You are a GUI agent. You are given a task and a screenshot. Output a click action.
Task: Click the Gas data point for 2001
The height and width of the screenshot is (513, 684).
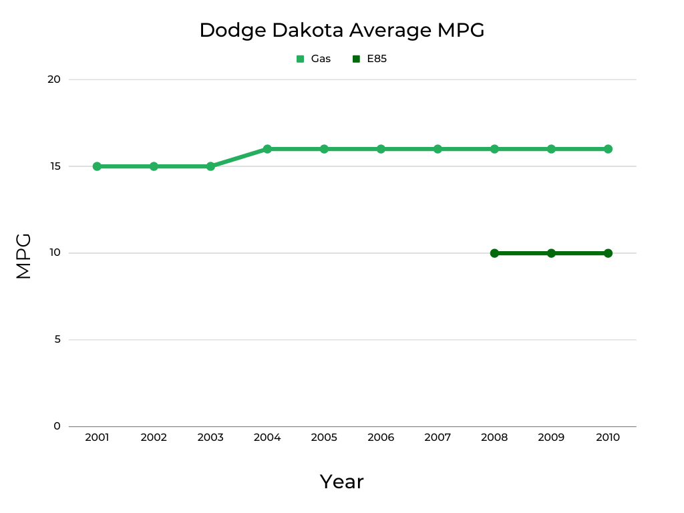pos(97,166)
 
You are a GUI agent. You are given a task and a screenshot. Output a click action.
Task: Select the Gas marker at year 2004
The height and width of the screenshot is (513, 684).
pos(267,149)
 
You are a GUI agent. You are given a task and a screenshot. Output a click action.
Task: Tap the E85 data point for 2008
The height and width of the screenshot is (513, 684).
pos(494,253)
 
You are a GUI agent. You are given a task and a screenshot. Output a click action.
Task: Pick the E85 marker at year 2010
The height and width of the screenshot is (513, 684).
pos(608,253)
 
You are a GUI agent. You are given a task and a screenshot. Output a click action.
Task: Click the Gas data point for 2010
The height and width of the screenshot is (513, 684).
pos(608,149)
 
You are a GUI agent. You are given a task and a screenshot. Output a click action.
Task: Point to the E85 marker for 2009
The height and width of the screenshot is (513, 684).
pos(551,253)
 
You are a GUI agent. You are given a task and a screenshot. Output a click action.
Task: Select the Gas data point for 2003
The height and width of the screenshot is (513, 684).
pos(210,166)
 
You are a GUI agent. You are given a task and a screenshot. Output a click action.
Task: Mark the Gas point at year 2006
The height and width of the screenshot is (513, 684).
pos(381,149)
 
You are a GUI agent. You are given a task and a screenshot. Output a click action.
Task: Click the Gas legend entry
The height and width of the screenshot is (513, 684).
pos(314,59)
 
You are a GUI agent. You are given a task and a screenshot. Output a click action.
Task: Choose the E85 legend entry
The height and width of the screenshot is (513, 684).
pos(370,59)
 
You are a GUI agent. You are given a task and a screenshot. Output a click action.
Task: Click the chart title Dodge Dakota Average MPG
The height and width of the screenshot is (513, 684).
pos(341,31)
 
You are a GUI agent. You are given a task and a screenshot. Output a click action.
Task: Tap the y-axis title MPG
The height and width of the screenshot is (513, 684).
pos(24,256)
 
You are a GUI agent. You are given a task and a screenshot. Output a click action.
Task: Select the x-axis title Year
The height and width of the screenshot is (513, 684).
pos(341,482)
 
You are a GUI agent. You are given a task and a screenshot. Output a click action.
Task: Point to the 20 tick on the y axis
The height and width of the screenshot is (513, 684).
pos(54,79)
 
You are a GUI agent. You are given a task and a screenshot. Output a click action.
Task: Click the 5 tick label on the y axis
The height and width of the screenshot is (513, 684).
pos(57,339)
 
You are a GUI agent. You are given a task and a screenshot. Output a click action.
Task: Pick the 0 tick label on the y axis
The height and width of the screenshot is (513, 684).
pos(57,426)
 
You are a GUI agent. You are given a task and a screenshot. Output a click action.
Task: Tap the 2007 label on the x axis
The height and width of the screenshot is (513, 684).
pos(438,438)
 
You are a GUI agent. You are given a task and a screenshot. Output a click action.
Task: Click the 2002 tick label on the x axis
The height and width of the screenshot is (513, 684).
pos(154,438)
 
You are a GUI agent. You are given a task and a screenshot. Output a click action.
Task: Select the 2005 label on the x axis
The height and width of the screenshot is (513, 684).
pos(324,438)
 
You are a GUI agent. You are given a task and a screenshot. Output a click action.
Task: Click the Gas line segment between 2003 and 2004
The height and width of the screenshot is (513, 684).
pos(239,158)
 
